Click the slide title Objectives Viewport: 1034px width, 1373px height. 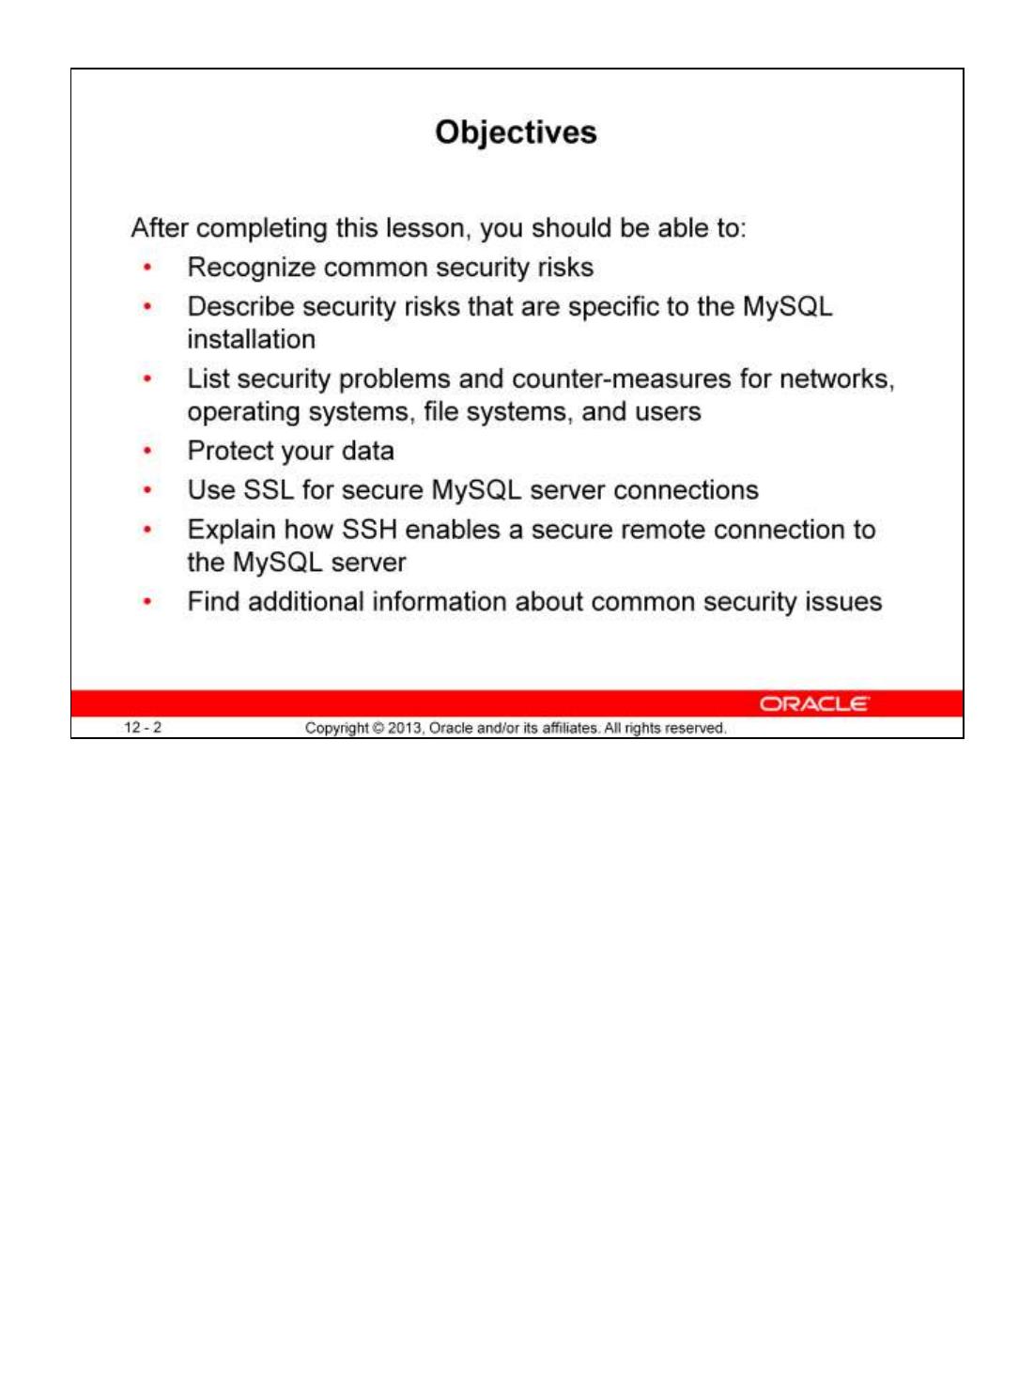coord(516,132)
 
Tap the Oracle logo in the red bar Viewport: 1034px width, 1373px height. coord(813,704)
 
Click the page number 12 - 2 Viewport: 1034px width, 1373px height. coord(143,728)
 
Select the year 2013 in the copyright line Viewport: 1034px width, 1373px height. coord(405,729)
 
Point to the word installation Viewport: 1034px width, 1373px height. coord(251,339)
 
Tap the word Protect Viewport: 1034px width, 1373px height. coord(230,451)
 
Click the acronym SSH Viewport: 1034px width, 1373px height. coord(369,530)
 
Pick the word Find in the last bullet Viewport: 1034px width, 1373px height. coord(213,601)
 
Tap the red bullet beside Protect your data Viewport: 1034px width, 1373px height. coord(147,451)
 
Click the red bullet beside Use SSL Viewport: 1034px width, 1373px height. coord(147,490)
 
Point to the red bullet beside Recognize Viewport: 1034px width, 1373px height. coord(147,268)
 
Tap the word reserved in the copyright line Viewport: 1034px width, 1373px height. coord(695,729)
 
